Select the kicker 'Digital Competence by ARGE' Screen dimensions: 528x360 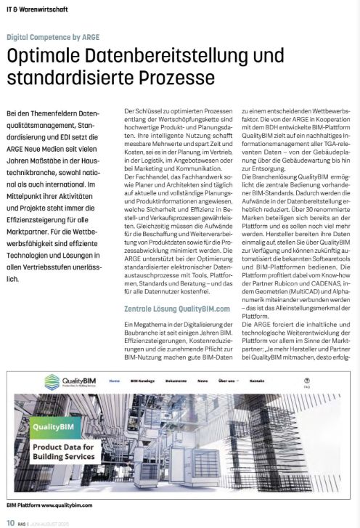pos(53,36)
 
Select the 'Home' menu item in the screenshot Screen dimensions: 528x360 pos(114,380)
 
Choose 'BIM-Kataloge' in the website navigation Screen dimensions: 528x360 pos(143,380)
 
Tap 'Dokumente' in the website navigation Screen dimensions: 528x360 pos(176,380)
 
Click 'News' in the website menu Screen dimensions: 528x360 pos(202,380)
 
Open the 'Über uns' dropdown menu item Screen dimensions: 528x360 pos(226,380)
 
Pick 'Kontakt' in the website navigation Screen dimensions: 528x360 pos(256,380)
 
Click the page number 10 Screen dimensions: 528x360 pos(10,520)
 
